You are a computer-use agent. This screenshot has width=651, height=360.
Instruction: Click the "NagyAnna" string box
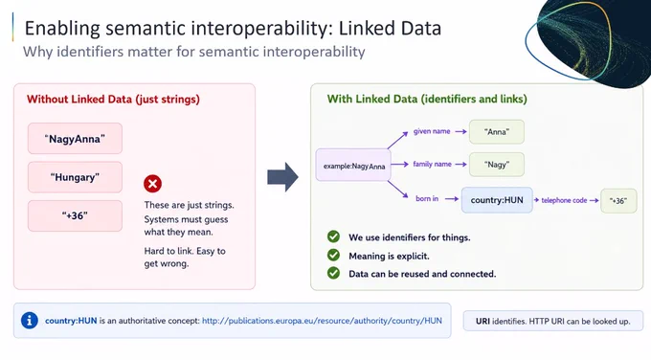pyautogui.click(x=75, y=138)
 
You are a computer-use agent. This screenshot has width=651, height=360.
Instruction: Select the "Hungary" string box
pyautogui.click(x=75, y=177)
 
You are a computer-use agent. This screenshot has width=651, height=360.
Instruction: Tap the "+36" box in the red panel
pyautogui.click(x=75, y=216)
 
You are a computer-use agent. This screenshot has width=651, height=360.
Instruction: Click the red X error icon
pyautogui.click(x=153, y=184)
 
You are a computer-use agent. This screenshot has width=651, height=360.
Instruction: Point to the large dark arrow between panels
pyautogui.click(x=282, y=177)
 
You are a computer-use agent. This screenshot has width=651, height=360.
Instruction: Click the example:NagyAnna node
pyautogui.click(x=353, y=166)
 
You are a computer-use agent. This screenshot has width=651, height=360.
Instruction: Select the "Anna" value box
pyautogui.click(x=497, y=131)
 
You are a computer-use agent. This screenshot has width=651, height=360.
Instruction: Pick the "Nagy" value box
pyautogui.click(x=497, y=165)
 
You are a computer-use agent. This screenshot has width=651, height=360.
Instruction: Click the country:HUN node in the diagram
pyautogui.click(x=497, y=200)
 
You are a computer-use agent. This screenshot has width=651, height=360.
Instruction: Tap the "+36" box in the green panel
pyautogui.click(x=618, y=201)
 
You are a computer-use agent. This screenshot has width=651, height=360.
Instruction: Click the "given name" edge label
pyautogui.click(x=432, y=131)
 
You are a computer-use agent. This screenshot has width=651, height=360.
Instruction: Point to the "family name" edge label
pyautogui.click(x=432, y=164)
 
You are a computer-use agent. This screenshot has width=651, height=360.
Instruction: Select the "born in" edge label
pyautogui.click(x=427, y=198)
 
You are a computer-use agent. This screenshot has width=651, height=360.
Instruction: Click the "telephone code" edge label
pyautogui.click(x=564, y=200)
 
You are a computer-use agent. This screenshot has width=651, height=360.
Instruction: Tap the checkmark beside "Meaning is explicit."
pyautogui.click(x=333, y=255)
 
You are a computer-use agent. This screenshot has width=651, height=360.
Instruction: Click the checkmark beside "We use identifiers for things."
pyautogui.click(x=333, y=236)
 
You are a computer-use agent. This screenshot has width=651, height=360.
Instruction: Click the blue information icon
pyautogui.click(x=30, y=321)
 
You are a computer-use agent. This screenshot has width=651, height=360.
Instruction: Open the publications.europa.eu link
pyautogui.click(x=322, y=321)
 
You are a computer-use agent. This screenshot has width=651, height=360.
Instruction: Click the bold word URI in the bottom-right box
pyautogui.click(x=483, y=321)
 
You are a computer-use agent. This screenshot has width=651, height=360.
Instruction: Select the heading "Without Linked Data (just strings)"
pyautogui.click(x=113, y=100)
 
